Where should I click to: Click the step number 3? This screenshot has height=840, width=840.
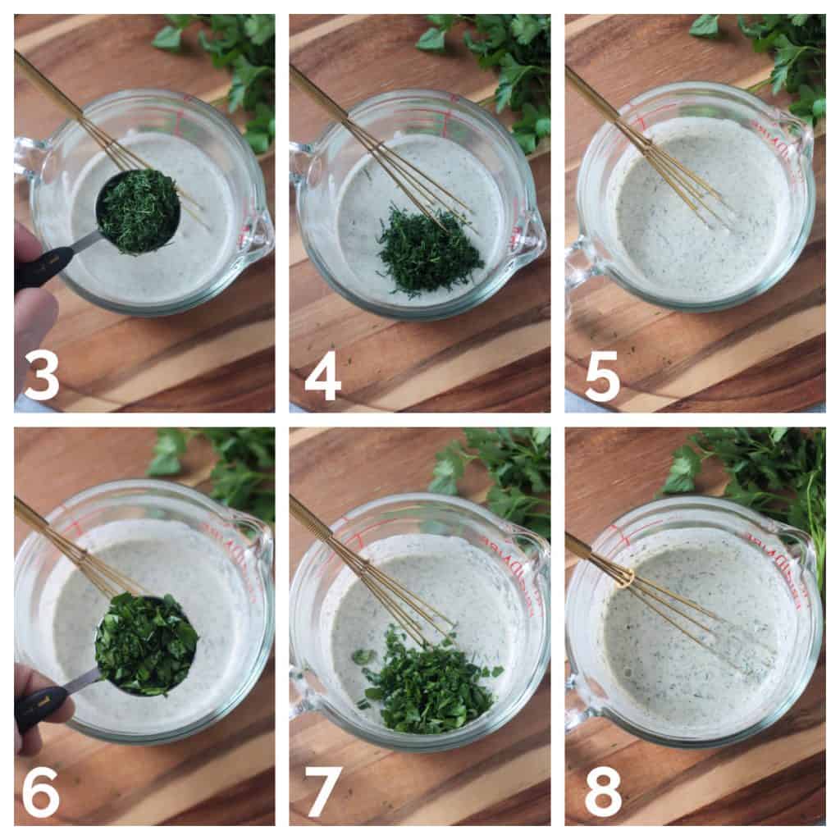[x=42, y=375]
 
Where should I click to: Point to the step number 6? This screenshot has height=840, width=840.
[x=40, y=792]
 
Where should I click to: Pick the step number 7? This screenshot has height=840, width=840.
[x=322, y=792]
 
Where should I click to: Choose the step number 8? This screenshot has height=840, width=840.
[x=603, y=792]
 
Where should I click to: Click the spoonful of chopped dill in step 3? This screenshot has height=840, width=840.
[x=138, y=211]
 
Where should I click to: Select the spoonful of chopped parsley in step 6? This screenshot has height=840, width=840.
[x=145, y=644]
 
